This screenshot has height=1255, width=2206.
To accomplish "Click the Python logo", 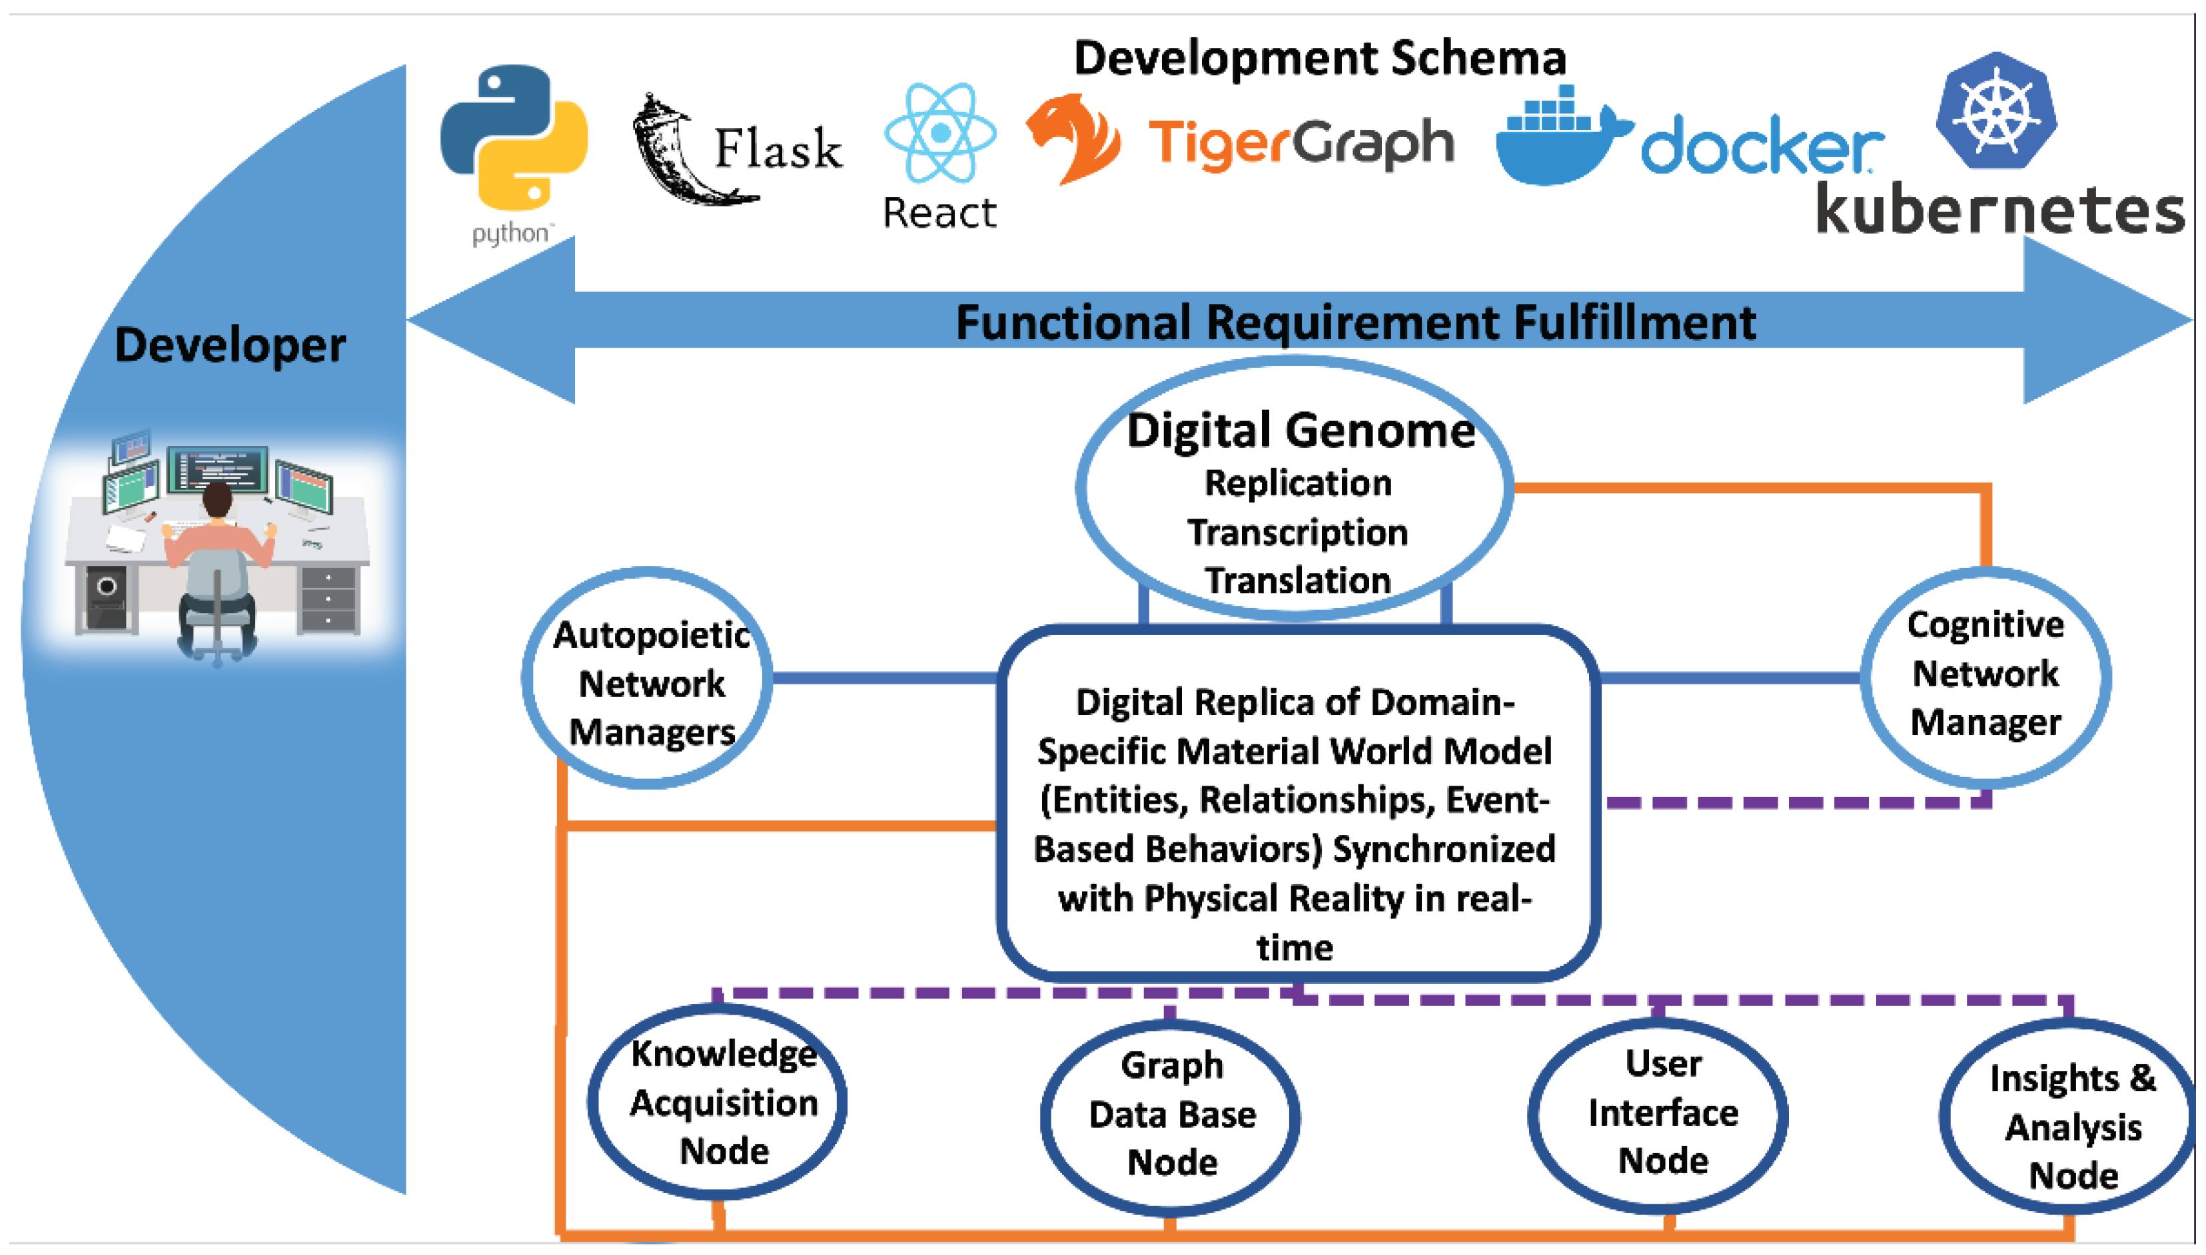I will coord(514,138).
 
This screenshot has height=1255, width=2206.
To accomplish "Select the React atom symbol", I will coord(940,132).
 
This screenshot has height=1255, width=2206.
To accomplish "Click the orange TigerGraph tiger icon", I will coord(1073,138).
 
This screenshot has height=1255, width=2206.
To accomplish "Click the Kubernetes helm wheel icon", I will coord(1996,111).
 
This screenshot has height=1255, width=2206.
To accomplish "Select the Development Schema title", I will coord(1319,59).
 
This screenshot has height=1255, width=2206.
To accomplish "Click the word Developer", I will coord(231,346).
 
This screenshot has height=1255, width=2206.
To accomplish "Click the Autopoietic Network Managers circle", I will coord(648,678).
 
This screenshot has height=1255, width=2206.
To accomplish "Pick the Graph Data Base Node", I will coord(1171,1115).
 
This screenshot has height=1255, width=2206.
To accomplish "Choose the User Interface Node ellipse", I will coord(1660,1114).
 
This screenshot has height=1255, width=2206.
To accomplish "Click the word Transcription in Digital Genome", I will coord(1297,533).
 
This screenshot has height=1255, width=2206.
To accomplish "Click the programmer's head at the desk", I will coord(217,499).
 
